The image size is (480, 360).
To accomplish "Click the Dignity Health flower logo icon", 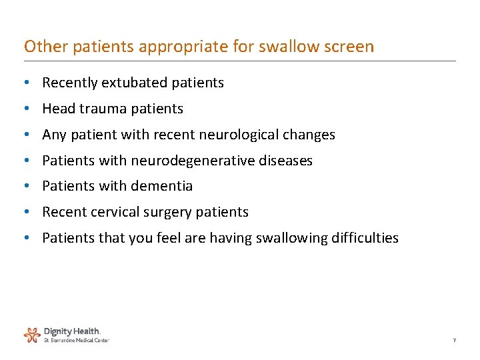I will tap(32, 334).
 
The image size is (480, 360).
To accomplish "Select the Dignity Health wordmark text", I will tap(72, 331).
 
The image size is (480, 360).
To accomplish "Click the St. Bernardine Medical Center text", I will tap(76, 340).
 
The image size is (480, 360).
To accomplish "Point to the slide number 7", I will tap(454, 341).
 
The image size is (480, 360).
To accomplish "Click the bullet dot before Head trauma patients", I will tap(25, 109).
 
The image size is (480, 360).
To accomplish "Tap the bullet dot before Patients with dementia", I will tap(25, 186).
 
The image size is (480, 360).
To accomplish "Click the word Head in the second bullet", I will tap(56, 109).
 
